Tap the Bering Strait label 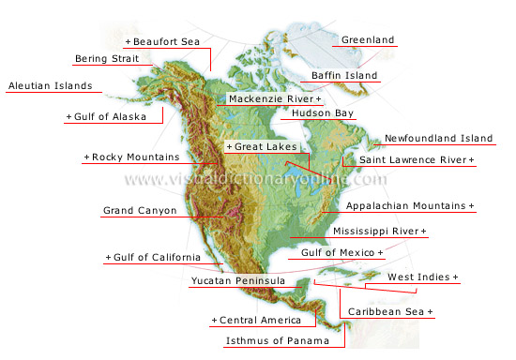(108, 59)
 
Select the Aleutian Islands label (50, 86)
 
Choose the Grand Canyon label (139, 211)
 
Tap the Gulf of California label (156, 257)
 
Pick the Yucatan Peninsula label (237, 280)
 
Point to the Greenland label (368, 40)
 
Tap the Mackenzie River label (273, 98)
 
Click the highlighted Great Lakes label (266, 147)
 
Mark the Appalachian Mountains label (407, 204)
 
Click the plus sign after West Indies (456, 277)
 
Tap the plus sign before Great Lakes (229, 147)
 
